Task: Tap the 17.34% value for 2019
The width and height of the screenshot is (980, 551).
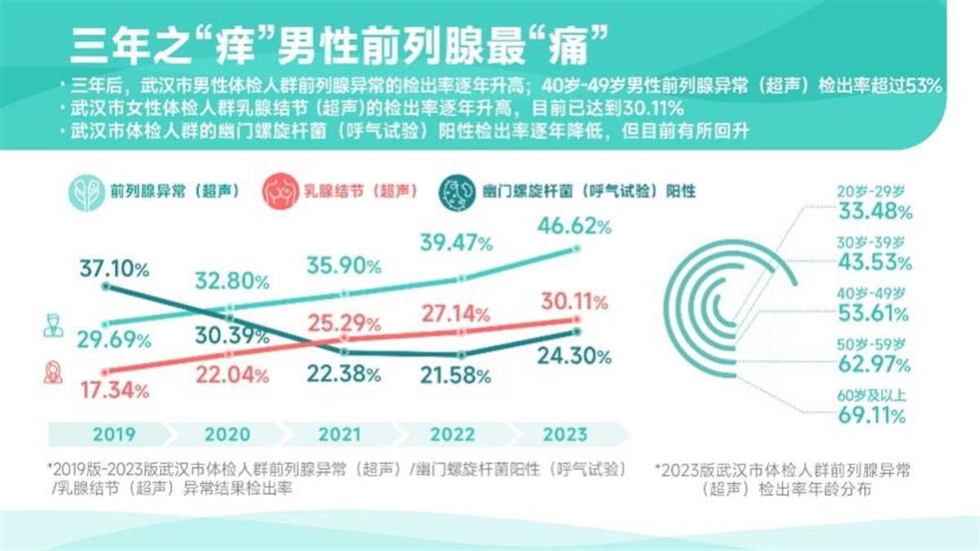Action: click(114, 391)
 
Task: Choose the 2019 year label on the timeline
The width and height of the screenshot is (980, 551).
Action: click(114, 434)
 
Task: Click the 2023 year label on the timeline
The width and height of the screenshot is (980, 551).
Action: click(565, 434)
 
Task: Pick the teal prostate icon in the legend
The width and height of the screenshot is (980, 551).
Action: click(87, 193)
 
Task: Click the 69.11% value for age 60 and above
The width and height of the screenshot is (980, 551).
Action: click(872, 415)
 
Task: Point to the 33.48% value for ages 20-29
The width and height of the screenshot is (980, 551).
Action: click(872, 212)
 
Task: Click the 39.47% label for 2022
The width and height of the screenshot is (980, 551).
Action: click(457, 243)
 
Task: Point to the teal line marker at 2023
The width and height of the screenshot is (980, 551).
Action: click(577, 249)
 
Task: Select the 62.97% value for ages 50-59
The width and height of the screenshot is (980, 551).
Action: click(872, 365)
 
